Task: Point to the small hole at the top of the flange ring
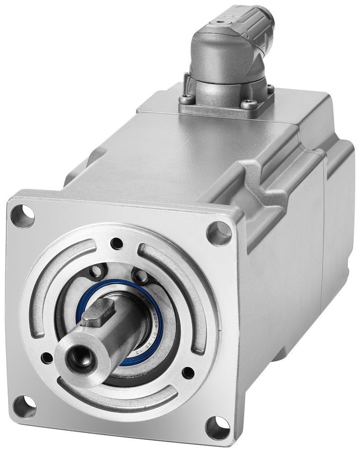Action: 118,241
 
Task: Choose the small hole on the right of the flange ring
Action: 186,372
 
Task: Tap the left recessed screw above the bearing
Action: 95,272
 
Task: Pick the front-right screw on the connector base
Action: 247,105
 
